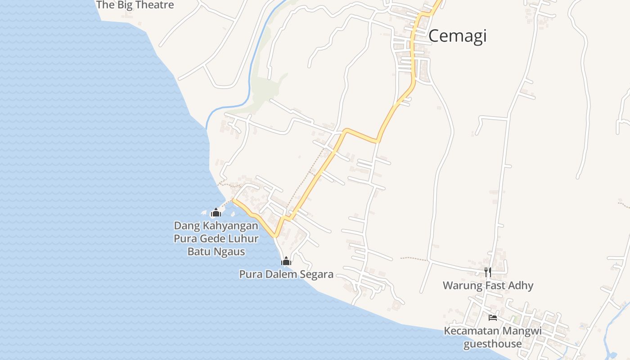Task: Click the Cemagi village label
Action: (457, 36)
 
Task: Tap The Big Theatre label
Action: (135, 5)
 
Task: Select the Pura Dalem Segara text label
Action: (286, 274)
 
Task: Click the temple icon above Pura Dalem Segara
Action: (286, 261)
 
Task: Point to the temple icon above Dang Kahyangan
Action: (216, 212)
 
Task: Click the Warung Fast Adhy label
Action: (488, 285)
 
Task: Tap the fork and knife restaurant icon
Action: (488, 272)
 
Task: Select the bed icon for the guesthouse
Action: (493, 317)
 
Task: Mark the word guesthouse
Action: (492, 344)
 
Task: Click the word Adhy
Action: (522, 285)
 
